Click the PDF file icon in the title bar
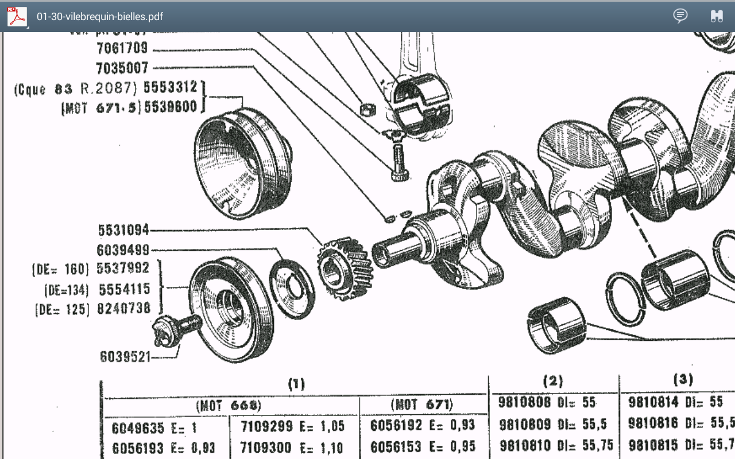pyautogui.click(x=17, y=17)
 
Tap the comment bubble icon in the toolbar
pyautogui.click(x=680, y=16)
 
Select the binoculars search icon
pyautogui.click(x=716, y=16)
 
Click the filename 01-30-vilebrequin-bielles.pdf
pyautogui.click(x=100, y=17)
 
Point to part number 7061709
pyautogui.click(x=122, y=49)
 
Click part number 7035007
pyautogui.click(x=122, y=68)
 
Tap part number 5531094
pyautogui.click(x=123, y=230)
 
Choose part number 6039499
pyautogui.click(x=123, y=250)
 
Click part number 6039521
pyautogui.click(x=125, y=356)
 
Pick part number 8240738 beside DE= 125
pyautogui.click(x=124, y=309)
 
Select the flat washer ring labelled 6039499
pyautogui.click(x=292, y=288)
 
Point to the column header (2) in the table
pyautogui.click(x=552, y=381)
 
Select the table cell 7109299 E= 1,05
pyautogui.click(x=292, y=426)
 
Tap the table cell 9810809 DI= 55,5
pyautogui.click(x=552, y=425)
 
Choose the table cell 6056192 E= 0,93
pyautogui.click(x=423, y=426)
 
